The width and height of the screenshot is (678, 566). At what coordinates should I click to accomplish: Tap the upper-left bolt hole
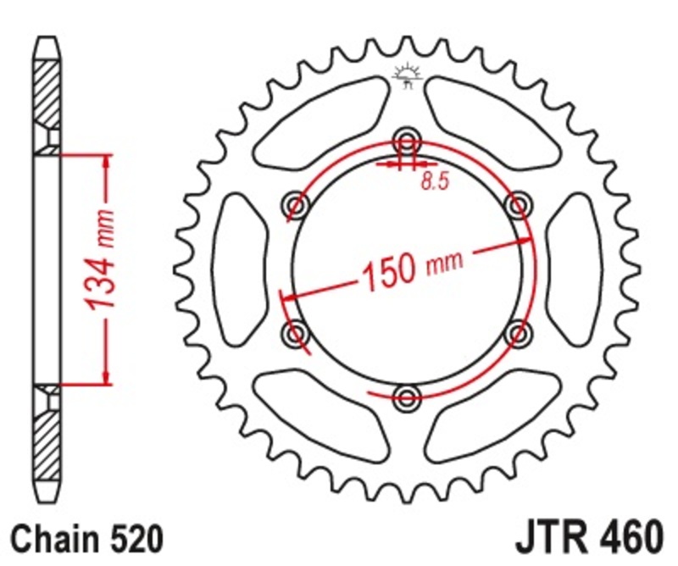coord(297,203)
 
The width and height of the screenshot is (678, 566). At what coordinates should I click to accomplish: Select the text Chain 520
coord(82,539)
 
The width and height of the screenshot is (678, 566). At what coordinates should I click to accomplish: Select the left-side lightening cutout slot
coord(241,269)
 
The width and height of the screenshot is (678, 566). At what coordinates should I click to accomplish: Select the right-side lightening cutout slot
coord(574,269)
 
